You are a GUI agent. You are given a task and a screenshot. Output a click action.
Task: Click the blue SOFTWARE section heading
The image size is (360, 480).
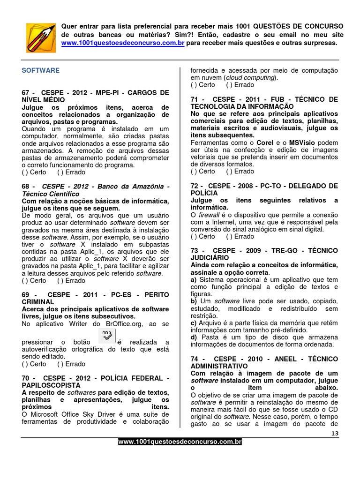click(41, 70)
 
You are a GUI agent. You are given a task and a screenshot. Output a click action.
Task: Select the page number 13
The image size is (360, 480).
click(334, 434)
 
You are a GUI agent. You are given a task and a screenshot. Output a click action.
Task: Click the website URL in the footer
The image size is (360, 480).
click(180, 442)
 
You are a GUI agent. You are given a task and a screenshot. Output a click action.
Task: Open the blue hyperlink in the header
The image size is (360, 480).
click(123, 43)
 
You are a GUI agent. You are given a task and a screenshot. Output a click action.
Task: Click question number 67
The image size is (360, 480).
click(26, 93)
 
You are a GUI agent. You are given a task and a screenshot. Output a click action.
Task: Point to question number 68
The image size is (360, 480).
click(26, 187)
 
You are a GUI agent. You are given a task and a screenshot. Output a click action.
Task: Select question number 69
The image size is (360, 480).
click(26, 295)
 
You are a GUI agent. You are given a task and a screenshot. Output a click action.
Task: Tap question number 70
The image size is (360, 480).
click(26, 378)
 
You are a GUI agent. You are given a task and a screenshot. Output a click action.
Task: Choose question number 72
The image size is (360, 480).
click(195, 186)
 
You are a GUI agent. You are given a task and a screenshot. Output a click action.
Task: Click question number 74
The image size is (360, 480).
click(195, 359)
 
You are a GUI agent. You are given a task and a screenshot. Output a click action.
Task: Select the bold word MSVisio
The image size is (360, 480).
click(301, 142)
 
